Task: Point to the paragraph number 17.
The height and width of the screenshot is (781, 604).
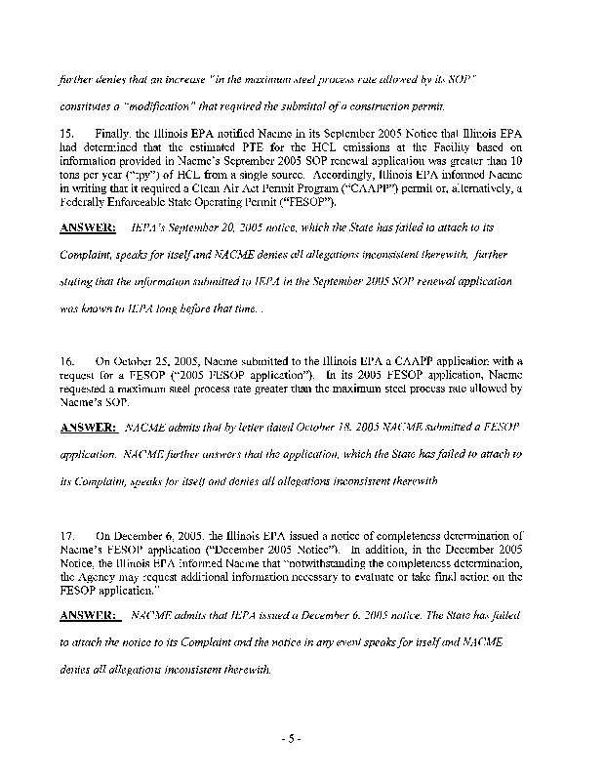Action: pos(66,536)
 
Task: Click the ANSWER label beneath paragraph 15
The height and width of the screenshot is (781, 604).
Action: pos(88,227)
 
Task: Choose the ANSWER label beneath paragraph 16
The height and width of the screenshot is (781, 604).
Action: pos(88,429)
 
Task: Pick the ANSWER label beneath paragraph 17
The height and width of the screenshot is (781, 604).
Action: pos(88,617)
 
